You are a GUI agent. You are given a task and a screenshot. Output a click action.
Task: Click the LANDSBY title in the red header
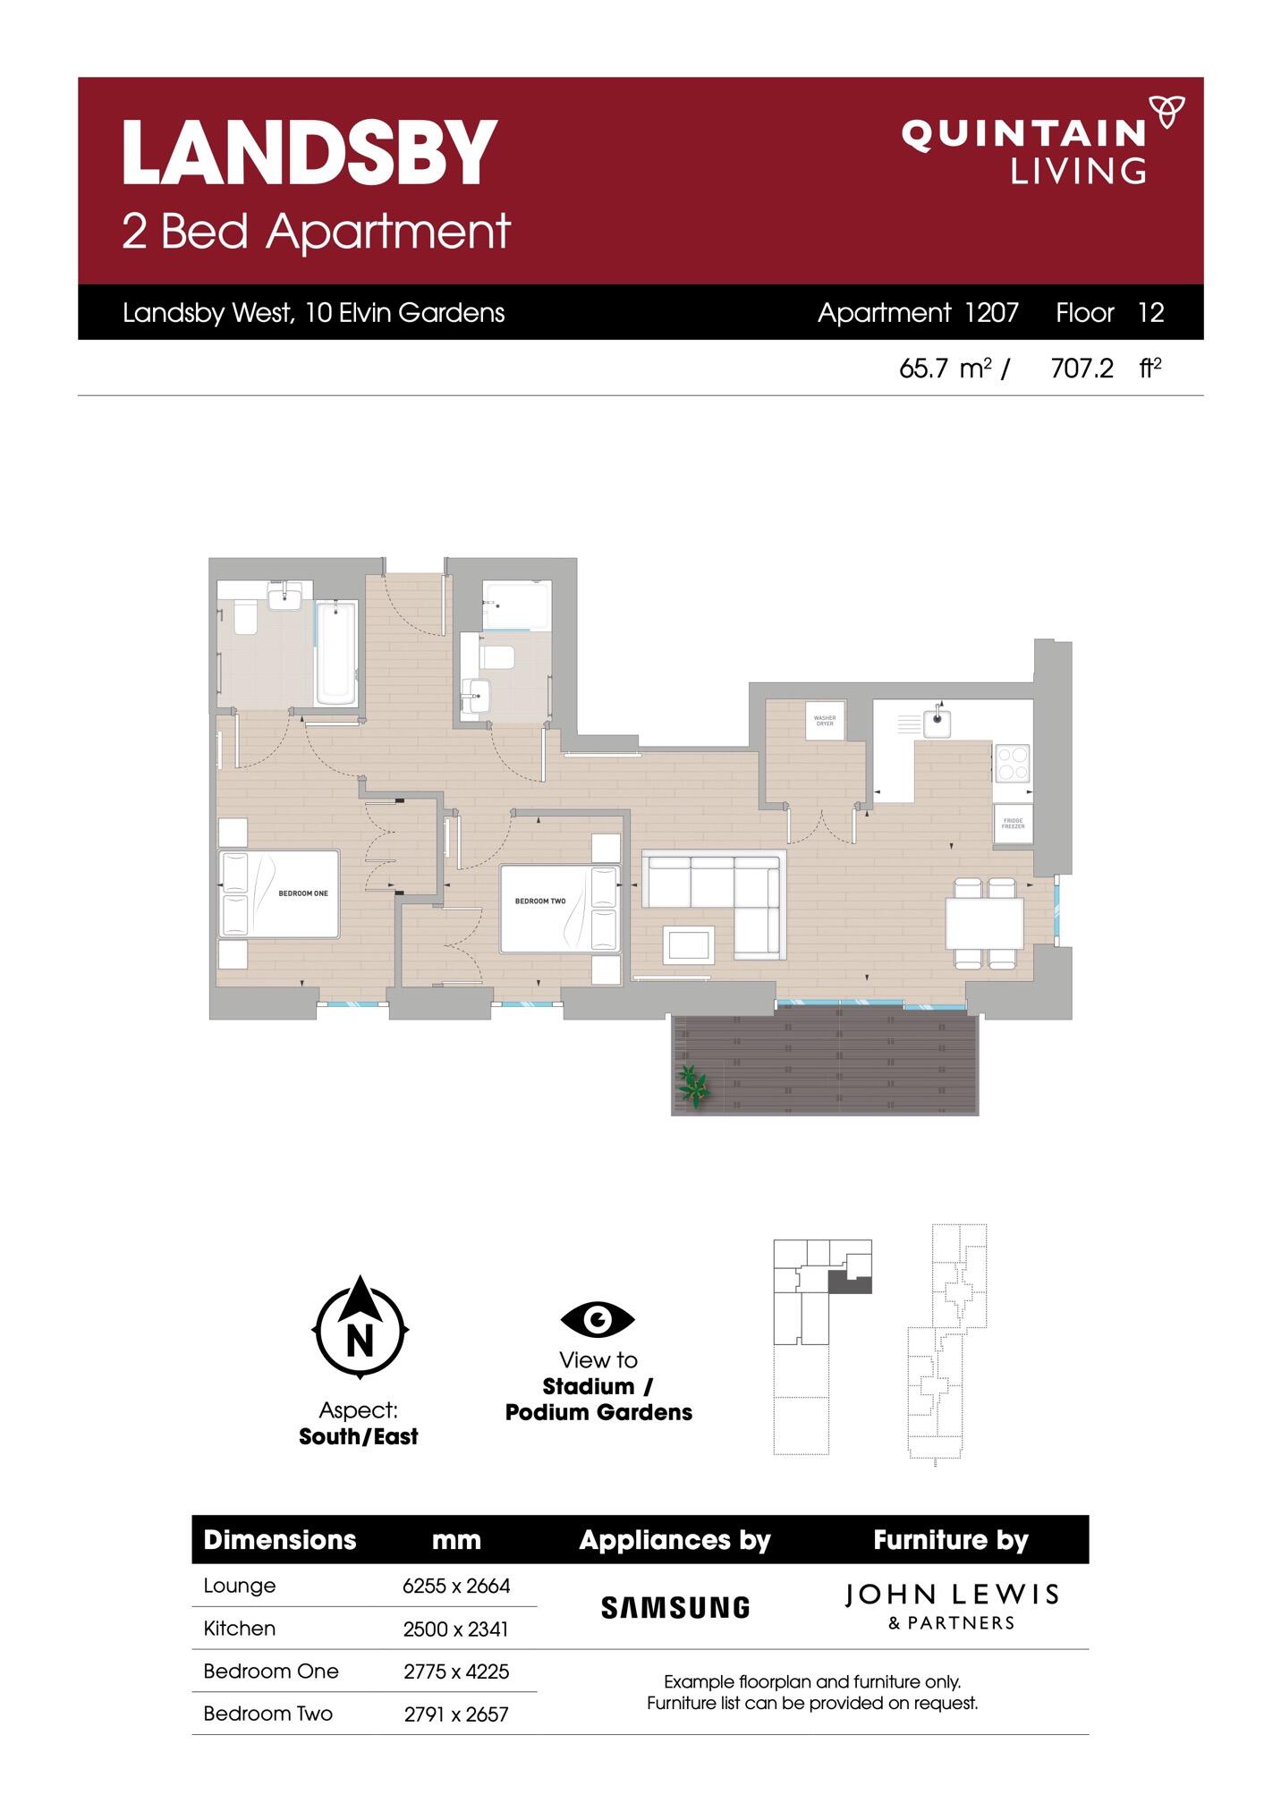click(x=309, y=154)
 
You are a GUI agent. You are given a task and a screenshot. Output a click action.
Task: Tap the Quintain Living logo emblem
click(x=1166, y=112)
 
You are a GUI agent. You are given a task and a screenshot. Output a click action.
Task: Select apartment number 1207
click(x=991, y=313)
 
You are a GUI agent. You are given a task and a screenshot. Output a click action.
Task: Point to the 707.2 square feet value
click(x=1082, y=368)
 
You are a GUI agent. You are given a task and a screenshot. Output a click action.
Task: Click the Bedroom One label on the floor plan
click(x=302, y=893)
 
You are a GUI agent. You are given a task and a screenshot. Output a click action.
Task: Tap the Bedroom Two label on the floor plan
click(x=539, y=901)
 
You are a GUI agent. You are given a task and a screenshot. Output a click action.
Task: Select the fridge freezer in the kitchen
click(x=1013, y=823)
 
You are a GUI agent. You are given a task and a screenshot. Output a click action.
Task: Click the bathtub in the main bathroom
click(x=336, y=651)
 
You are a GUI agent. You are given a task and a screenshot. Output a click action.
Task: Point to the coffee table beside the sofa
click(x=688, y=944)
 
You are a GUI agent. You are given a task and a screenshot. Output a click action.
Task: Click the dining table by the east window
click(x=985, y=924)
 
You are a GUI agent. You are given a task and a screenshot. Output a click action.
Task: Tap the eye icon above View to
click(x=598, y=1319)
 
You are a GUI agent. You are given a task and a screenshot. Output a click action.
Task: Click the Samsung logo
click(x=675, y=1608)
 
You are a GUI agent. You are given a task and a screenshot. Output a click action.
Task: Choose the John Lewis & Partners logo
click(x=951, y=1606)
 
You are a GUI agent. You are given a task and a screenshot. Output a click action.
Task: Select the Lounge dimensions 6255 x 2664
click(x=456, y=1586)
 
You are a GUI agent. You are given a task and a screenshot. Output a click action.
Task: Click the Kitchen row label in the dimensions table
click(x=239, y=1629)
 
